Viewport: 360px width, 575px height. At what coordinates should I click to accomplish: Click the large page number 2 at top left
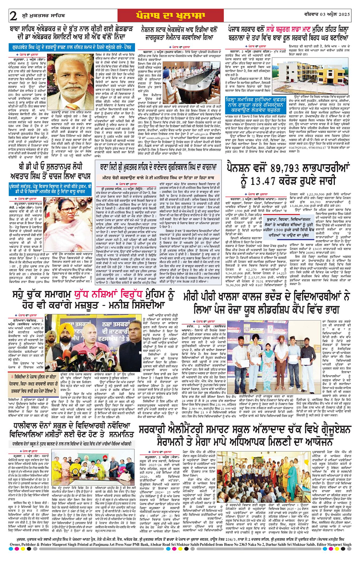pos(14,16)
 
